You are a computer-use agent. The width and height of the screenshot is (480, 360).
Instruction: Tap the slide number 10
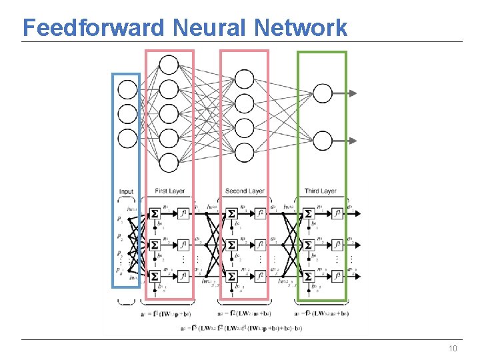453,349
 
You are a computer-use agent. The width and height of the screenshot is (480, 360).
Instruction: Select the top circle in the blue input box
127,89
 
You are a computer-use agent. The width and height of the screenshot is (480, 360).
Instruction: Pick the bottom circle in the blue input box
127,138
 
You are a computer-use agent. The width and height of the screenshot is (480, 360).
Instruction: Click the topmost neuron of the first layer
169,65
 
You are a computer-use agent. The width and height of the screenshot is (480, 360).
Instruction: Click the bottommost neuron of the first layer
169,163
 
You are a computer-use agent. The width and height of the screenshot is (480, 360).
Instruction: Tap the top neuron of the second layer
245,79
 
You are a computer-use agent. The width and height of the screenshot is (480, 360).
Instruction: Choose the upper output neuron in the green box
323,93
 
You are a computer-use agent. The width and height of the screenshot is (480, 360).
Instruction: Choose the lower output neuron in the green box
323,141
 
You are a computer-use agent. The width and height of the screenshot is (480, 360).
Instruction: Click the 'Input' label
127,191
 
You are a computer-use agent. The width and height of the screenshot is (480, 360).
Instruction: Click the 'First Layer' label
169,191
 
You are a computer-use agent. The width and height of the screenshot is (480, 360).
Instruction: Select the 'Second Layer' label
245,191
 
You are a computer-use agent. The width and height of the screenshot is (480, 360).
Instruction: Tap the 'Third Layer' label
321,191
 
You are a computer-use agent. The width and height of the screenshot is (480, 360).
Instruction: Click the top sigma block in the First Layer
155,213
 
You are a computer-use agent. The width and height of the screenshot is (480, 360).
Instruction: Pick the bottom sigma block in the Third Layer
308,276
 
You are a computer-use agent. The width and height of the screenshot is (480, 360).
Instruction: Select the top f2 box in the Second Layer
260,213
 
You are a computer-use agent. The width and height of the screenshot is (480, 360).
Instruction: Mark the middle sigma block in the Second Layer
231,244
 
